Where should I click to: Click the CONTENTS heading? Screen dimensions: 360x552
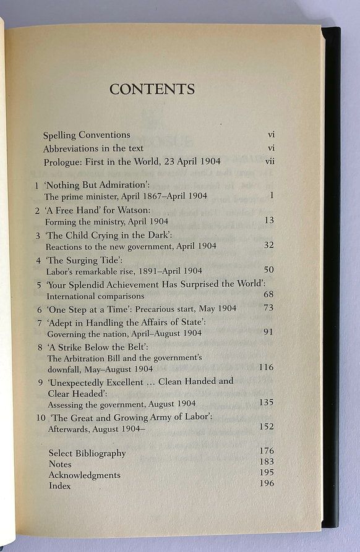click(x=152, y=89)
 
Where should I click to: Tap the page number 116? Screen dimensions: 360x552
click(x=265, y=367)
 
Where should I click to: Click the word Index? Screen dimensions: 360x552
click(x=59, y=486)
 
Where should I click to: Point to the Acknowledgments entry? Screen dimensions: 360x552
click(x=84, y=475)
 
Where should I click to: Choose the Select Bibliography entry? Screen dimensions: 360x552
click(x=87, y=453)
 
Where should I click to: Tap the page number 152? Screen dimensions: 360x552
click(x=266, y=427)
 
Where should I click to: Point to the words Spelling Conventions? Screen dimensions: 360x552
click(x=87, y=135)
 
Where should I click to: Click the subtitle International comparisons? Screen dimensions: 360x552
click(x=94, y=296)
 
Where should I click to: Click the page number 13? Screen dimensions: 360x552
click(x=268, y=220)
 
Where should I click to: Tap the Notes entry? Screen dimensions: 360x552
click(x=60, y=464)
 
